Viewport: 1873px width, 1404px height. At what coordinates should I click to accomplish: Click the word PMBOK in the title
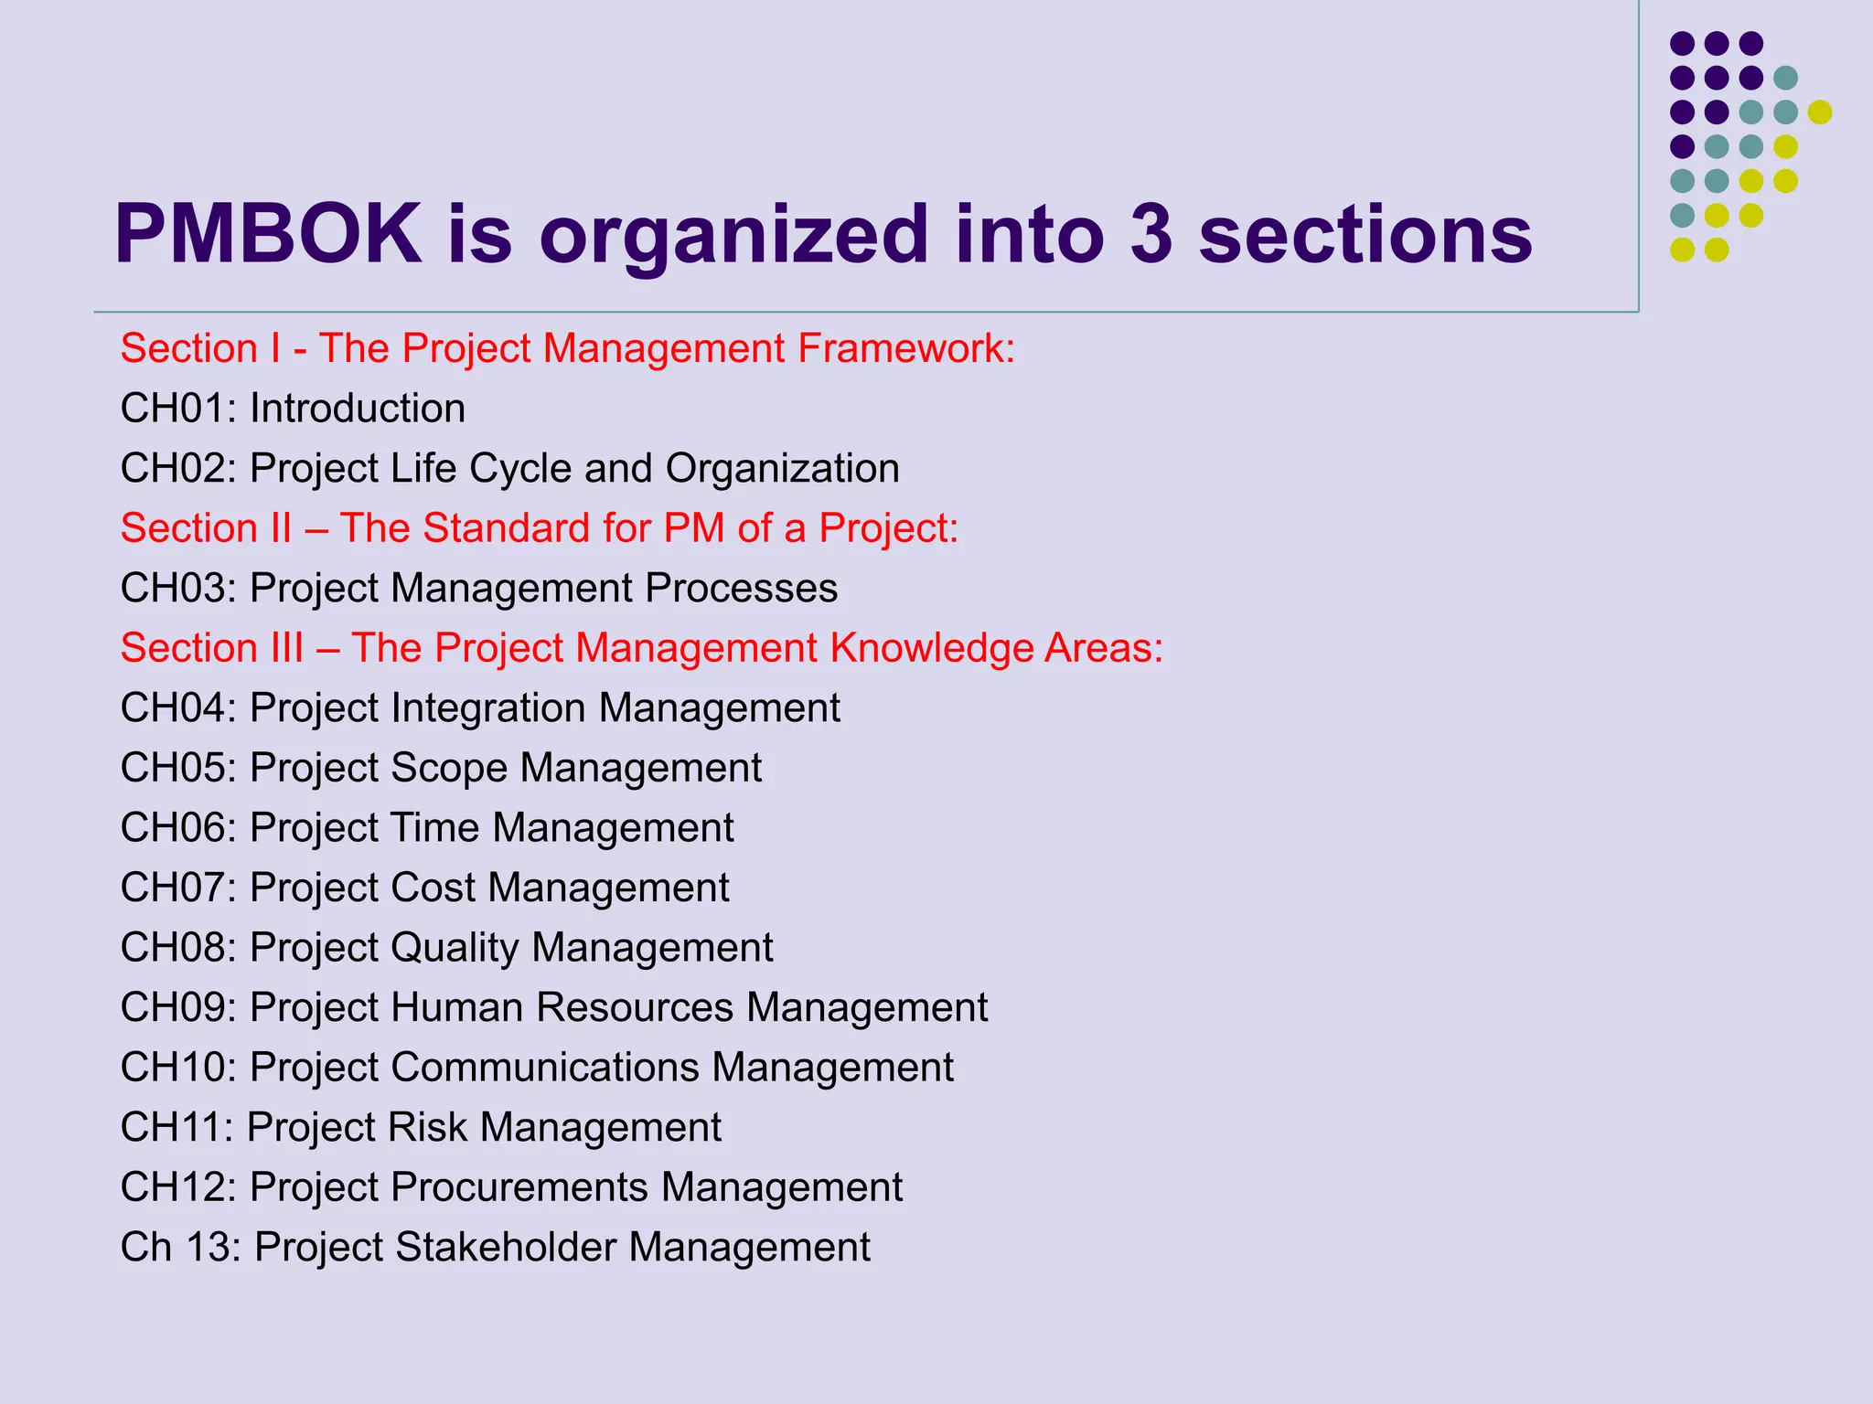click(x=268, y=234)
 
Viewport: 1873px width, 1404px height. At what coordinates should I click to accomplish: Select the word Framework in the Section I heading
click(x=905, y=348)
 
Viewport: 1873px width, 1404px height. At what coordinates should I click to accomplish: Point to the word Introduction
click(x=358, y=408)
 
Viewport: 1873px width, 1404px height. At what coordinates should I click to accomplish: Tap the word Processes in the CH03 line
click(x=741, y=588)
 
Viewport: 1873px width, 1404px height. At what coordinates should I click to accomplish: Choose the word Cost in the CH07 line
click(x=433, y=888)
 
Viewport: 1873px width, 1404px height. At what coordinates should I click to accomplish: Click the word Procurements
click(x=519, y=1186)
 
